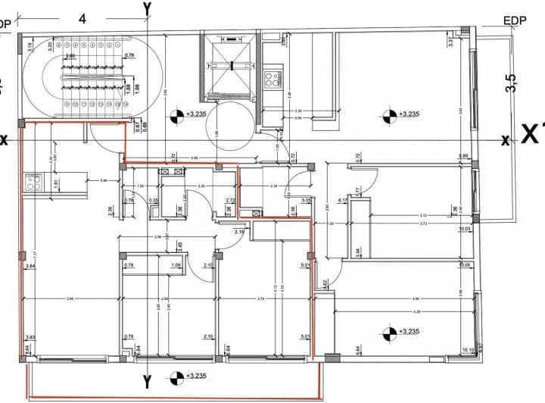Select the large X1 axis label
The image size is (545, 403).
click(532, 136)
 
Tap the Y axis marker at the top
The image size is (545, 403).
click(147, 7)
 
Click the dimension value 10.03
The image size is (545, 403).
click(465, 229)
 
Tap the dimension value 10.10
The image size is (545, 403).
click(468, 349)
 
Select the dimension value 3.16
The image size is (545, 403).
click(239, 232)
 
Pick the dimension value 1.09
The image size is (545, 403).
click(176, 265)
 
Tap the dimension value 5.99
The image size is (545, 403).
click(463, 157)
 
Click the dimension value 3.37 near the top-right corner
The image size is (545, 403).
click(452, 42)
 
